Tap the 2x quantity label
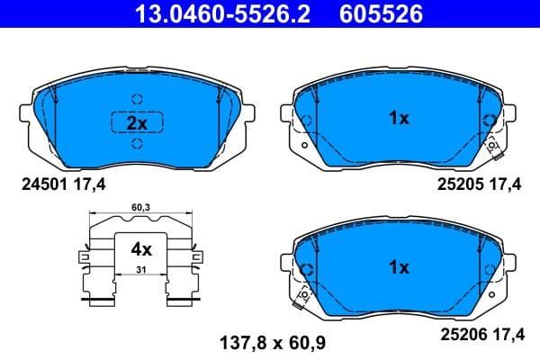(x=136, y=123)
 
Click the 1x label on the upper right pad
(x=399, y=118)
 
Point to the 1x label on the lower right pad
(x=399, y=267)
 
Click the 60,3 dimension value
(x=140, y=209)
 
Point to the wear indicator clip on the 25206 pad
(x=304, y=294)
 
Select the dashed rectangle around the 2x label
(x=112, y=123)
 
